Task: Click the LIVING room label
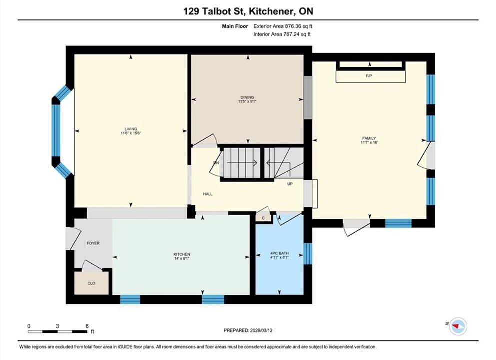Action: [x=131, y=129]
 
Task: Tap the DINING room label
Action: [x=247, y=97]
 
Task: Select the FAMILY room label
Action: [x=369, y=138]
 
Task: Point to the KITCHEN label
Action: [x=182, y=254]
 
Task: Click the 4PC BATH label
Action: [x=279, y=253]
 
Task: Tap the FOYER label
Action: [x=93, y=243]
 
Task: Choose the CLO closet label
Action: [x=91, y=283]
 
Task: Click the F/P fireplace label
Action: [x=369, y=76]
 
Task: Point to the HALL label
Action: [x=208, y=194]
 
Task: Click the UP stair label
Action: [x=290, y=184]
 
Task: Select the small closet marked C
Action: [x=263, y=218]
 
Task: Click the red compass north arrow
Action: [x=456, y=325]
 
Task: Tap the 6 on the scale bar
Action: [x=87, y=326]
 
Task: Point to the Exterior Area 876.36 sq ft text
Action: [x=283, y=26]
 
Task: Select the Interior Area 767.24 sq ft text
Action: [x=282, y=34]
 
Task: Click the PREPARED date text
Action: [x=248, y=330]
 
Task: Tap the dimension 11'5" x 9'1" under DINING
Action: [x=247, y=101]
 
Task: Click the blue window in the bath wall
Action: [x=308, y=253]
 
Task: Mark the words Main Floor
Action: [x=235, y=26]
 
